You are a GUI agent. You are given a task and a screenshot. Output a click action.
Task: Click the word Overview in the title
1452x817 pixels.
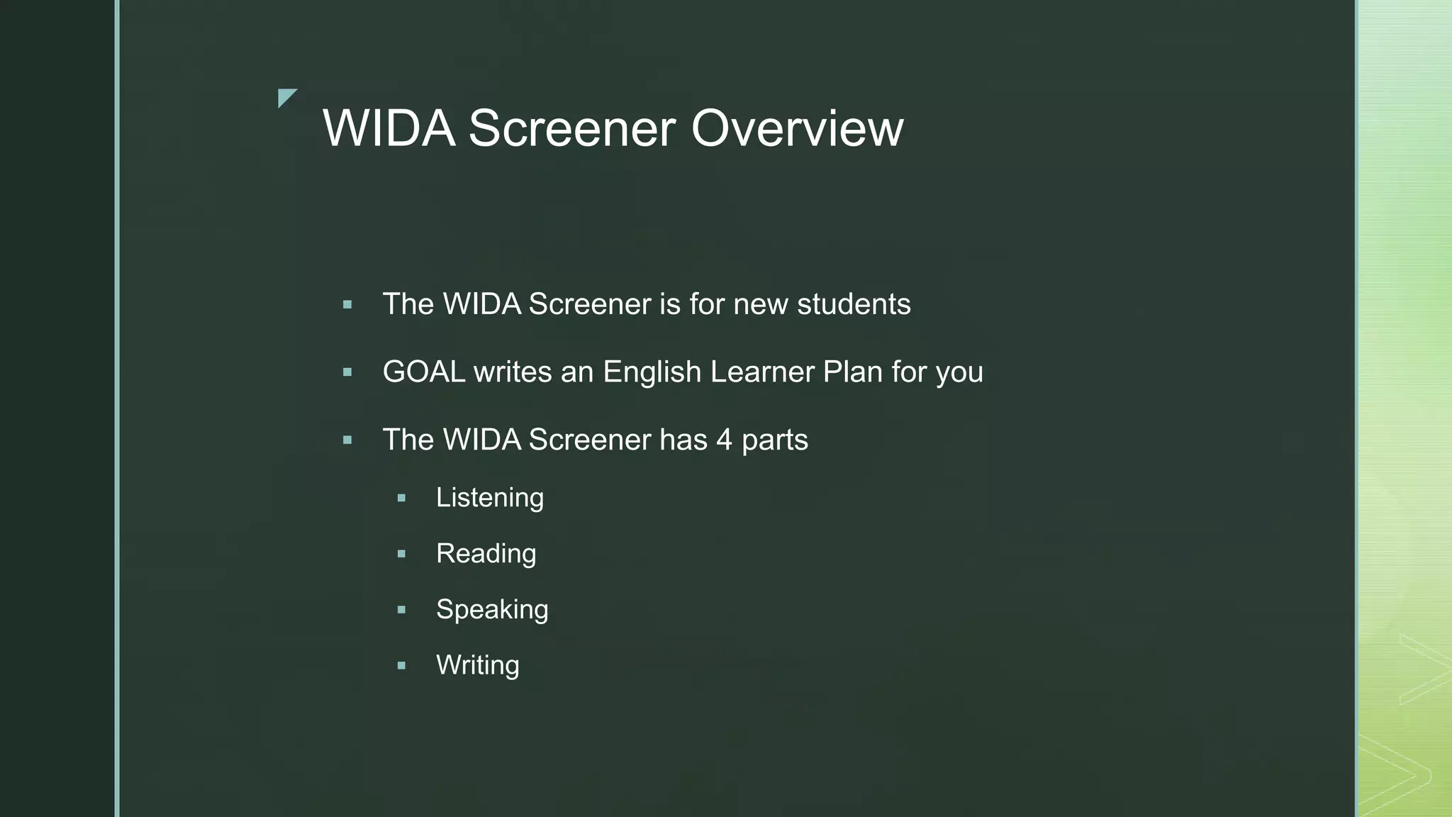(x=797, y=128)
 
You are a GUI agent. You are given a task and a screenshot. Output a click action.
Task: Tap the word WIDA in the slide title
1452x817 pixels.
(x=389, y=128)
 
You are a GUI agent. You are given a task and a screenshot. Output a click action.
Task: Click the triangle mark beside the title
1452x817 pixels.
(x=286, y=96)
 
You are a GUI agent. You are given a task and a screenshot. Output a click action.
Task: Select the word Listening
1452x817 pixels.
(x=490, y=498)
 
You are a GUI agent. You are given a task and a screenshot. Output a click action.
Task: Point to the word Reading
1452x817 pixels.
(x=486, y=554)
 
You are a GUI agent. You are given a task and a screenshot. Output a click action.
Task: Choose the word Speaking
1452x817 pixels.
(x=492, y=610)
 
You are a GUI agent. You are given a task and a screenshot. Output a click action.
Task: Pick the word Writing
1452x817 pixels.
(x=477, y=665)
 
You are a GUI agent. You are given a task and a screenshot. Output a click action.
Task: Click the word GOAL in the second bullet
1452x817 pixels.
(x=423, y=372)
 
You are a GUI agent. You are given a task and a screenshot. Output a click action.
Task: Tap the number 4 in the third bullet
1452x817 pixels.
(x=724, y=440)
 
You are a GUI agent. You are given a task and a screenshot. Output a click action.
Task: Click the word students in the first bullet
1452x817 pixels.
(x=854, y=304)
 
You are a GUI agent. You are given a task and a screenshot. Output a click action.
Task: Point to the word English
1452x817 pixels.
(x=652, y=372)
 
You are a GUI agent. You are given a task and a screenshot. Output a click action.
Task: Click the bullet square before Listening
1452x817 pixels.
(x=402, y=499)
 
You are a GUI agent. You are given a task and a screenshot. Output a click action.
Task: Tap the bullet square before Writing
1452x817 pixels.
(x=402, y=666)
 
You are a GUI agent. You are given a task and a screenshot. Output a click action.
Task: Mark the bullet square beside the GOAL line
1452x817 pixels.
(x=347, y=372)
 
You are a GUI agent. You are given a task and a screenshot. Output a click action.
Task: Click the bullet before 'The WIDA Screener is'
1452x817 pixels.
(x=347, y=305)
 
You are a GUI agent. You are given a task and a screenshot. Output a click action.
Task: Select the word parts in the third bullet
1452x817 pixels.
(x=774, y=440)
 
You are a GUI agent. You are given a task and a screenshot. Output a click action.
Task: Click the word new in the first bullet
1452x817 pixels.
(x=761, y=304)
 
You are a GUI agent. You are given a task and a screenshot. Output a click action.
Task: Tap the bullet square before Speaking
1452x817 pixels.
(x=402, y=610)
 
